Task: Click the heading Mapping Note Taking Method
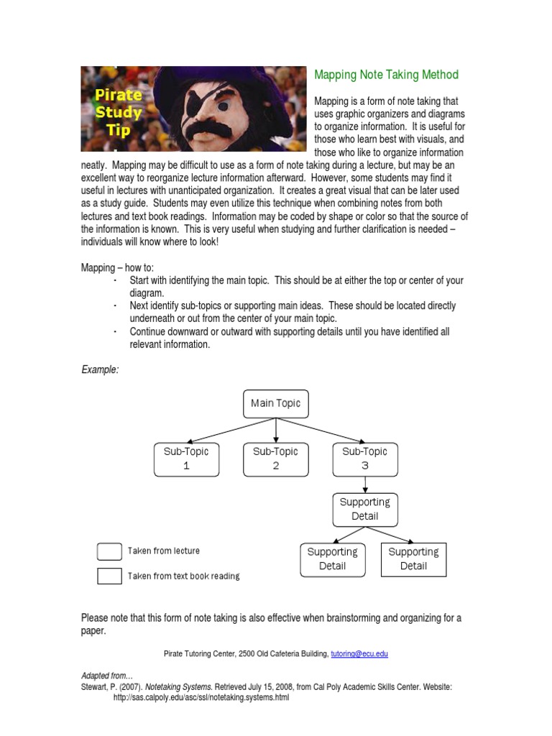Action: pos(386,75)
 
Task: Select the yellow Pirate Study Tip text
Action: pos(114,111)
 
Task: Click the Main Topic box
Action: pos(276,403)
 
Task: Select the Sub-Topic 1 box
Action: pos(186,459)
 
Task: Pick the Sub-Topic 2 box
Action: pos(275,459)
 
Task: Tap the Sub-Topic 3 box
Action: pos(364,459)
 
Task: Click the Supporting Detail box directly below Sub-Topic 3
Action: pos(364,509)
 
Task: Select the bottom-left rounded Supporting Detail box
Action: pos(332,559)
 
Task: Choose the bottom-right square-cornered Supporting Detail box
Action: pos(413,559)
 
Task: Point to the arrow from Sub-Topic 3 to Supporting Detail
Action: pos(365,484)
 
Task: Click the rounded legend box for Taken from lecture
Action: pos(109,551)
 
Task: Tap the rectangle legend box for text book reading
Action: pos(109,576)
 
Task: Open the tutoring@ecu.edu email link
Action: pos(359,653)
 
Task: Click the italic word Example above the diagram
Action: pos(100,369)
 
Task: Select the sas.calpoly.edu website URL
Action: pos(201,698)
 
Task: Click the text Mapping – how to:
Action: pos(117,268)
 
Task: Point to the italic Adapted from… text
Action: pos(107,676)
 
